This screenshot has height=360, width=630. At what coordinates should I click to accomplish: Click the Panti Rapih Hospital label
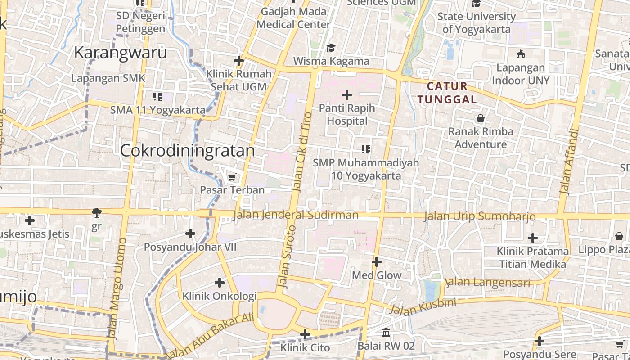tap(347, 115)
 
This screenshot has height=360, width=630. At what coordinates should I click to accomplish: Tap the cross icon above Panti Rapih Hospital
tap(347, 95)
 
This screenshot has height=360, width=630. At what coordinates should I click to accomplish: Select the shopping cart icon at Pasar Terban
tap(232, 177)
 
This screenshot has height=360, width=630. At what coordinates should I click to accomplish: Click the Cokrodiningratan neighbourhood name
tap(187, 150)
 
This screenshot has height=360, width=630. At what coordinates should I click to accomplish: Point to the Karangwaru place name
tap(120, 53)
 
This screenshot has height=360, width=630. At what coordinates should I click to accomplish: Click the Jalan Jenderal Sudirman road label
tap(296, 215)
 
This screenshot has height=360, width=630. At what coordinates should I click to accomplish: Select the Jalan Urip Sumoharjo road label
tap(480, 216)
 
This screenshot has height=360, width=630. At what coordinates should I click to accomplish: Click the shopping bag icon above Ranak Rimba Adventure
tap(481, 119)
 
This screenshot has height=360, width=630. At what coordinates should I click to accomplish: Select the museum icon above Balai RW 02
tap(386, 333)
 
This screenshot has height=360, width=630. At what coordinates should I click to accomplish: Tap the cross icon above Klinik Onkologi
tap(220, 283)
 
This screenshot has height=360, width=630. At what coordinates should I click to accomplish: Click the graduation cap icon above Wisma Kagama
tap(331, 48)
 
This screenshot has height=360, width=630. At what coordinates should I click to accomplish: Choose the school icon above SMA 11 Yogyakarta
tap(157, 96)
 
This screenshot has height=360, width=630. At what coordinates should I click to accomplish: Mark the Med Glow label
tap(377, 275)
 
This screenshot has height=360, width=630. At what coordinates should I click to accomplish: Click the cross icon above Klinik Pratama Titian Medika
tap(533, 238)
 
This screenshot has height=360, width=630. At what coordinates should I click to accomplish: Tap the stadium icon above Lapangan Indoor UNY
tap(521, 54)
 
